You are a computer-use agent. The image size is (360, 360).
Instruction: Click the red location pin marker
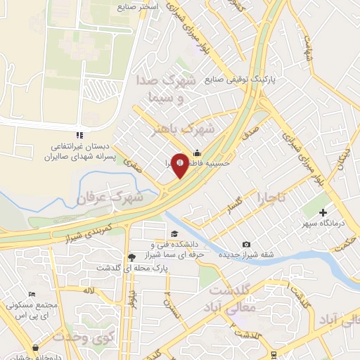pos(181,165)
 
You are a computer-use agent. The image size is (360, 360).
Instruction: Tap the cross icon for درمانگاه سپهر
pos(323,212)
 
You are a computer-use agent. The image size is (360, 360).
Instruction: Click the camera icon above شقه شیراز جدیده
pos(246,244)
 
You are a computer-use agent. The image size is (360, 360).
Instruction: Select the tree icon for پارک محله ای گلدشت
pos(131,257)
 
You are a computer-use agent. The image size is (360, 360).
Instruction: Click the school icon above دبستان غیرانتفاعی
pos(79,135)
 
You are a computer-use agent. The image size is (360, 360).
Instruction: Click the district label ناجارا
pos(271,196)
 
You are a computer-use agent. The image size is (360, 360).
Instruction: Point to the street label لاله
pos(88,290)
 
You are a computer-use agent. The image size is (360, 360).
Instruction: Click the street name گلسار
pos(238,205)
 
